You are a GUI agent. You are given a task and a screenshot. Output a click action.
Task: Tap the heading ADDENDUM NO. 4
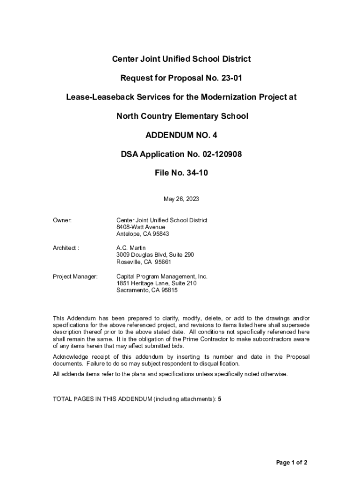point(181,135)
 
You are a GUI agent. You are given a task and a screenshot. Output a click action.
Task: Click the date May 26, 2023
point(181,199)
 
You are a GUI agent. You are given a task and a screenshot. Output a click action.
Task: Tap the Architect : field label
point(66,248)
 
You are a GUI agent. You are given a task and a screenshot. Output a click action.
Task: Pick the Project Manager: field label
point(75,277)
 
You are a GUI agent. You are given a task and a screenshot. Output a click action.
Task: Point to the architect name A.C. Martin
point(131,248)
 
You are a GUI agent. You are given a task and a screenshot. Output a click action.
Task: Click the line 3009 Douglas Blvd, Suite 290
point(155,255)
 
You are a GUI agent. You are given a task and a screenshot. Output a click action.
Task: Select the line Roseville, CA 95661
point(144,262)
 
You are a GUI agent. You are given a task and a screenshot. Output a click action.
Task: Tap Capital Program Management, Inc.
point(162,277)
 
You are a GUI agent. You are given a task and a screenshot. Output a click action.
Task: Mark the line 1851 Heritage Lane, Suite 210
point(157,283)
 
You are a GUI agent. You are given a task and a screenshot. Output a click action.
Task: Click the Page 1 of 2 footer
point(292,463)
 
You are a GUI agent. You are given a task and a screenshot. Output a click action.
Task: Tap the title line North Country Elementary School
point(182,116)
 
